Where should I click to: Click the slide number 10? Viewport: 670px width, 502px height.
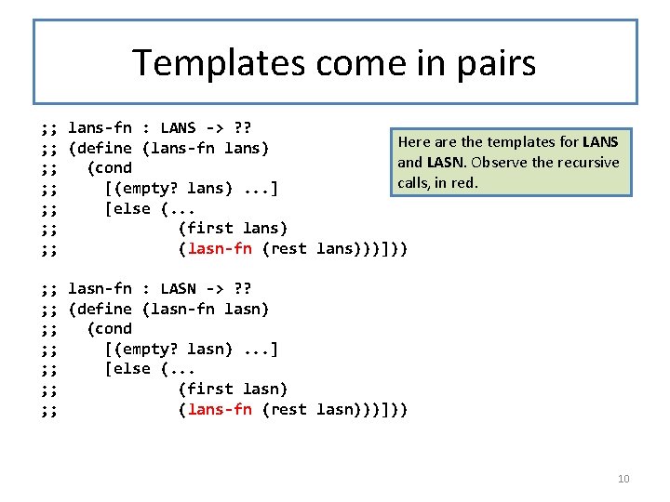pos(623,479)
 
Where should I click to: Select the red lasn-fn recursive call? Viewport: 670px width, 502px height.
pos(220,248)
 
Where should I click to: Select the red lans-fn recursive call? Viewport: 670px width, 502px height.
pos(220,409)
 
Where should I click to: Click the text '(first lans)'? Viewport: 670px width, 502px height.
pos(233,228)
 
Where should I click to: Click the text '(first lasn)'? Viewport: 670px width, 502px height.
pos(233,389)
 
